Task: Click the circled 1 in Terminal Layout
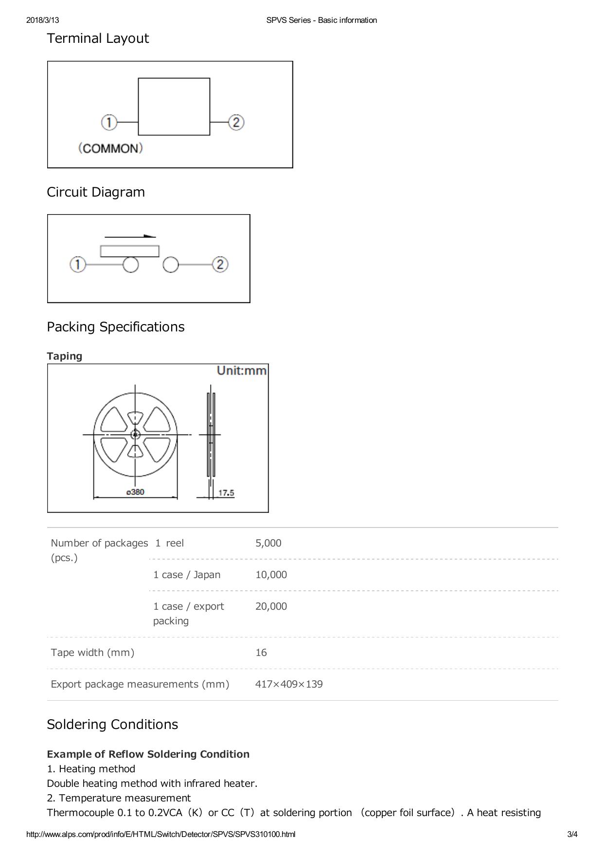click(x=109, y=122)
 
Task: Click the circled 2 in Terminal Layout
click(x=236, y=122)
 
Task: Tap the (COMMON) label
click(x=111, y=148)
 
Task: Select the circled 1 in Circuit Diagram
click(x=78, y=265)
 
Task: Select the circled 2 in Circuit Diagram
click(x=220, y=265)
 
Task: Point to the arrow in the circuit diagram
click(x=130, y=236)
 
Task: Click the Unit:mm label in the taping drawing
click(x=242, y=371)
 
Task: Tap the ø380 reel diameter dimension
click(x=135, y=492)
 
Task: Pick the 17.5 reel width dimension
click(x=226, y=493)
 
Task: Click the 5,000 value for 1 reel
click(x=268, y=543)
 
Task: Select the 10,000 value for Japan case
click(x=271, y=575)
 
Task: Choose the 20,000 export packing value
click(x=271, y=606)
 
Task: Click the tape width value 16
click(x=261, y=653)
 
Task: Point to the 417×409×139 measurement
click(x=289, y=684)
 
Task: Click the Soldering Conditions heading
click(x=112, y=725)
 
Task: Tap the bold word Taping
click(x=65, y=356)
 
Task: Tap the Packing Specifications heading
click(x=116, y=327)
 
